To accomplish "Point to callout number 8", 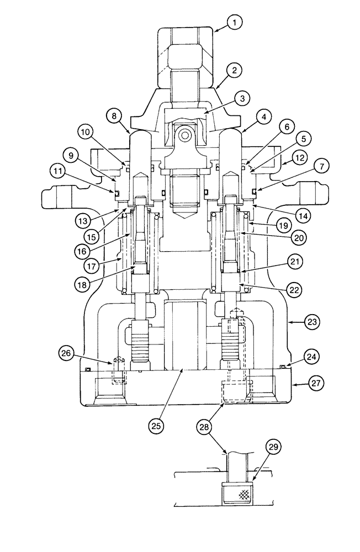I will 115,117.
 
